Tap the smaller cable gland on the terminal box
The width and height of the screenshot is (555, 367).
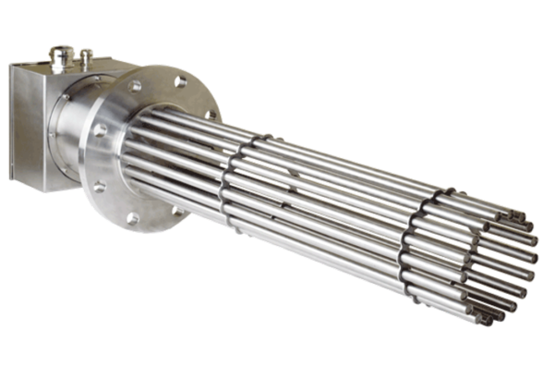pyautogui.click(x=86, y=57)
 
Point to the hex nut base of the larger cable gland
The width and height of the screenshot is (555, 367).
pyautogui.click(x=56, y=67)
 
